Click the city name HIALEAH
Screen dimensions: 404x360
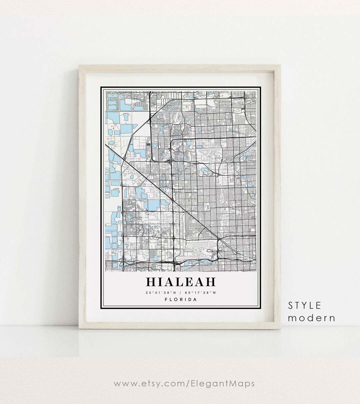(181, 282)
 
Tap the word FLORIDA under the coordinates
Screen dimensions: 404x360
(181, 299)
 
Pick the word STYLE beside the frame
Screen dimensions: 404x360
(305, 305)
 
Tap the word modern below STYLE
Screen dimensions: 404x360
(312, 318)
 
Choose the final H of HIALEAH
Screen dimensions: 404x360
(210, 282)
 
